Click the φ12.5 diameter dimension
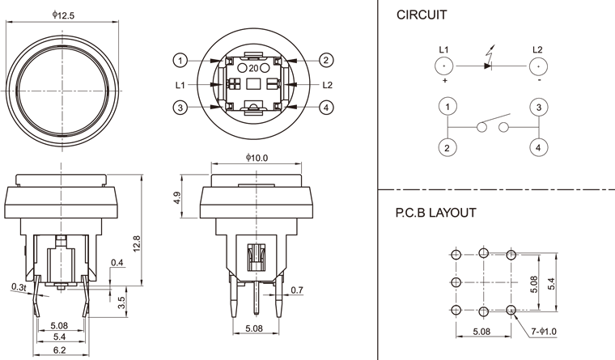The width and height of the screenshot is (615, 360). pyautogui.click(x=63, y=16)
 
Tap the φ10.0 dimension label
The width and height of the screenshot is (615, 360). pyautogui.click(x=256, y=158)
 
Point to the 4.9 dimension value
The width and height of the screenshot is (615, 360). pyautogui.click(x=177, y=198)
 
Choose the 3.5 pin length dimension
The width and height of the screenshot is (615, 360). pyautogui.click(x=121, y=303)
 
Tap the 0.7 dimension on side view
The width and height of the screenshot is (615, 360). pyautogui.click(x=295, y=290)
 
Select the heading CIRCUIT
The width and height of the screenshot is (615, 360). pyautogui.click(x=422, y=15)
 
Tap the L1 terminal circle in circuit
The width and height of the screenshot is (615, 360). pyautogui.click(x=444, y=66)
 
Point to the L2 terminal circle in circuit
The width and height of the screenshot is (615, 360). pyautogui.click(x=537, y=66)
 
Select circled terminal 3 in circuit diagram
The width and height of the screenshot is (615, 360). pyautogui.click(x=537, y=107)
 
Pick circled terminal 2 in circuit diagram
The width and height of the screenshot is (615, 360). pyautogui.click(x=444, y=147)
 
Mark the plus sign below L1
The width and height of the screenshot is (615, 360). pyautogui.click(x=444, y=82)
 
